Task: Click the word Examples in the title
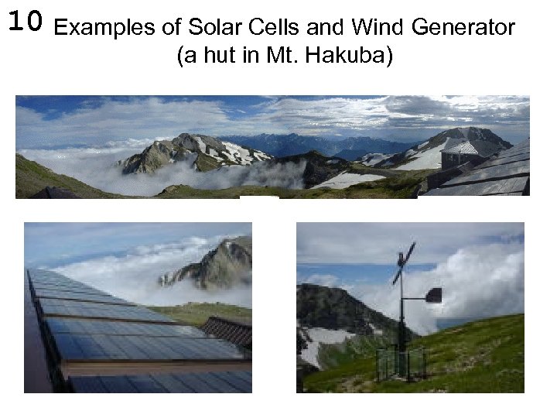pyautogui.click(x=106, y=28)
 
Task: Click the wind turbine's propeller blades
pyautogui.click(x=404, y=263)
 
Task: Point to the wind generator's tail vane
pyautogui.click(x=433, y=294)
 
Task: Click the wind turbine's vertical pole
pyautogui.click(x=401, y=325)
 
